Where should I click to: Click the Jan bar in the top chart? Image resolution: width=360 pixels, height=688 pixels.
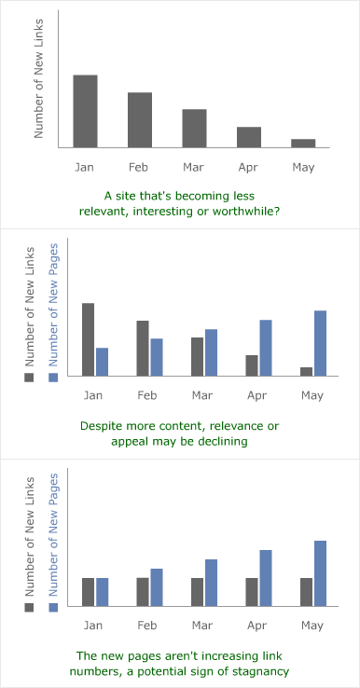(x=85, y=111)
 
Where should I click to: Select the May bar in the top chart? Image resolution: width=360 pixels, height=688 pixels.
(x=303, y=143)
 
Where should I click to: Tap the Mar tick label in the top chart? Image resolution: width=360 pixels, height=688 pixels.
(x=194, y=167)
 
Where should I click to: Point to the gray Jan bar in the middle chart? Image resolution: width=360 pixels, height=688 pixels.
(x=89, y=339)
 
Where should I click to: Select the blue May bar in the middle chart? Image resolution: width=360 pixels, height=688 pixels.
(x=320, y=343)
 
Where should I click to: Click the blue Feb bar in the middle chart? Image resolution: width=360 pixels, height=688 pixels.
(x=157, y=357)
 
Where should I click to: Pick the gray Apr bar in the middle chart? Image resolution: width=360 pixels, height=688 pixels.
(x=252, y=365)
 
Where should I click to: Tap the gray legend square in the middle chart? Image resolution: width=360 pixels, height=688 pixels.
(x=29, y=377)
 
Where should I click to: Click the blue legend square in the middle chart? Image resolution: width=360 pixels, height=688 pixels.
(x=53, y=377)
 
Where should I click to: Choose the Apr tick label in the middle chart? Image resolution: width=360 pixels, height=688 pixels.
(x=248, y=396)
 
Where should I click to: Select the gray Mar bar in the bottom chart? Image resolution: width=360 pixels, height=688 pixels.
(x=197, y=591)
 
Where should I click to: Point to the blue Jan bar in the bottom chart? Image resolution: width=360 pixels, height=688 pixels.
(x=103, y=591)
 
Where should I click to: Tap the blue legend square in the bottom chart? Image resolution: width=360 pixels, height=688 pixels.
(x=53, y=607)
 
